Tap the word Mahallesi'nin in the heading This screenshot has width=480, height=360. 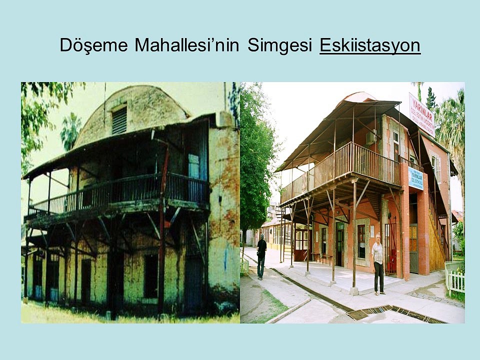click(186, 45)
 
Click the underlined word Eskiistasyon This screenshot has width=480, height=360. click(369, 45)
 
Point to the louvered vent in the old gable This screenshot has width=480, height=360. click(119, 120)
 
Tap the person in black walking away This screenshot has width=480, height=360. click(261, 255)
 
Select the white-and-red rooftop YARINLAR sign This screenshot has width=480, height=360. click(421, 114)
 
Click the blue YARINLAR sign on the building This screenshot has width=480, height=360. click(415, 178)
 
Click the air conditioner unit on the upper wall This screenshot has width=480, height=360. click(370, 138)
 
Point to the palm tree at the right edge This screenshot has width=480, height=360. click(452, 130)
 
